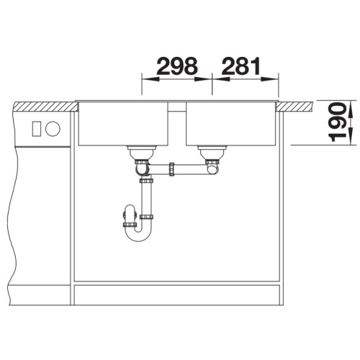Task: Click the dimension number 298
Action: coord(177,66)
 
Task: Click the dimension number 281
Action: coord(241,66)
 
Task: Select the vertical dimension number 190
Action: coord(337,122)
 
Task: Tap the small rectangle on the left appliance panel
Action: coord(37,129)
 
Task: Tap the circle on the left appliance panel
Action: coord(53,129)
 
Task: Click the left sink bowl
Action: coord(123,124)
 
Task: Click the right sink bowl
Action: coord(230,124)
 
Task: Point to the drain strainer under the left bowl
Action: coord(142,153)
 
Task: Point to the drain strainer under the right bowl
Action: coord(212,153)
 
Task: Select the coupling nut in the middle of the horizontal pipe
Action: coord(171,170)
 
